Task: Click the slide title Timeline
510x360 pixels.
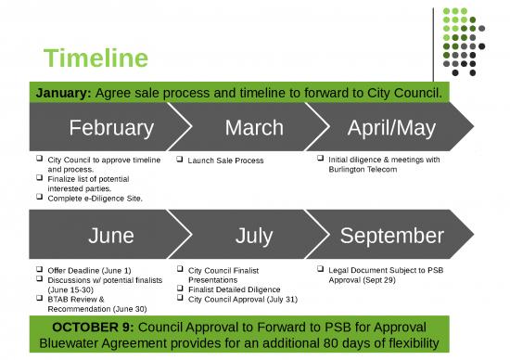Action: click(x=96, y=58)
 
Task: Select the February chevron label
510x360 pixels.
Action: click(x=110, y=127)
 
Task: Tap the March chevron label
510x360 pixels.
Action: click(x=253, y=127)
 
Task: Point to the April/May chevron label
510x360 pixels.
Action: click(x=390, y=127)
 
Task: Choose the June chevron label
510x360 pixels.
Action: click(x=110, y=236)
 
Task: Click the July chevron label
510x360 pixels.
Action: click(x=253, y=236)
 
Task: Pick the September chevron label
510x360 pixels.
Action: click(x=390, y=236)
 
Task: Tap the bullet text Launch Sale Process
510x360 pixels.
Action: click(x=225, y=161)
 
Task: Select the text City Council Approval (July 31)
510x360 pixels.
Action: click(x=242, y=299)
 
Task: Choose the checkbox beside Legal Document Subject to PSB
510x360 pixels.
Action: click(x=320, y=269)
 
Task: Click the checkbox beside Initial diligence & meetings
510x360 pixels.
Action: click(x=320, y=160)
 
